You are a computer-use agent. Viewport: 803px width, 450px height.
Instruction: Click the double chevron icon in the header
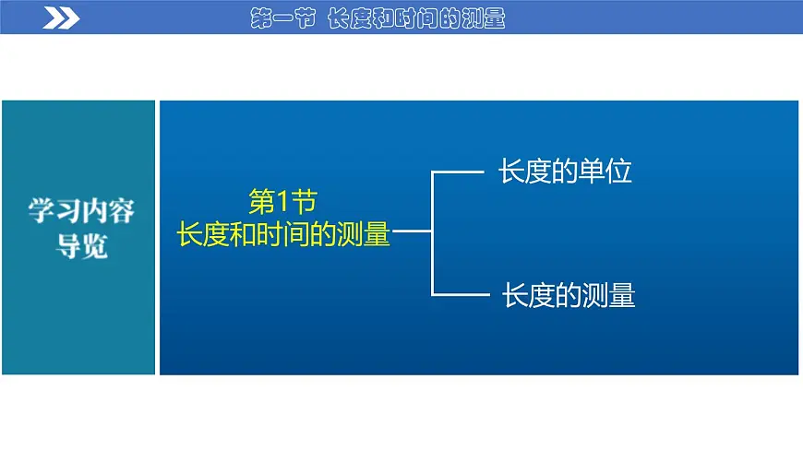(x=61, y=18)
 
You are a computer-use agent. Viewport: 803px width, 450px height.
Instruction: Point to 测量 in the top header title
(x=483, y=19)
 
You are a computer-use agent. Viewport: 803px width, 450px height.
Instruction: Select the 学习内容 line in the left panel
(x=81, y=211)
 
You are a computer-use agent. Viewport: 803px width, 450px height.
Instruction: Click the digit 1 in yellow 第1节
(x=282, y=201)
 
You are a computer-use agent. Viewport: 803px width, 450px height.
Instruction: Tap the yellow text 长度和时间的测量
(x=283, y=233)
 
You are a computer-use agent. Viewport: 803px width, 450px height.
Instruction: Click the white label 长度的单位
(x=565, y=172)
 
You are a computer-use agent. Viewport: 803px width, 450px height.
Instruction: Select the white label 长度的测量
(x=569, y=295)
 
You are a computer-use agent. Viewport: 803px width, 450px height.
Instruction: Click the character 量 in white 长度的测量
(x=622, y=295)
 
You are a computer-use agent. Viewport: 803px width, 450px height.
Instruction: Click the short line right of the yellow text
(x=413, y=232)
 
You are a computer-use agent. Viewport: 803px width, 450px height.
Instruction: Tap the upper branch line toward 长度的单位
(x=459, y=171)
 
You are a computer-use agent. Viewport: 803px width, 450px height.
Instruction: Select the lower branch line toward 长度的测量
(x=459, y=294)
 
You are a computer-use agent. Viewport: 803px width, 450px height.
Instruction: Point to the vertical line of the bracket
(x=432, y=232)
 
